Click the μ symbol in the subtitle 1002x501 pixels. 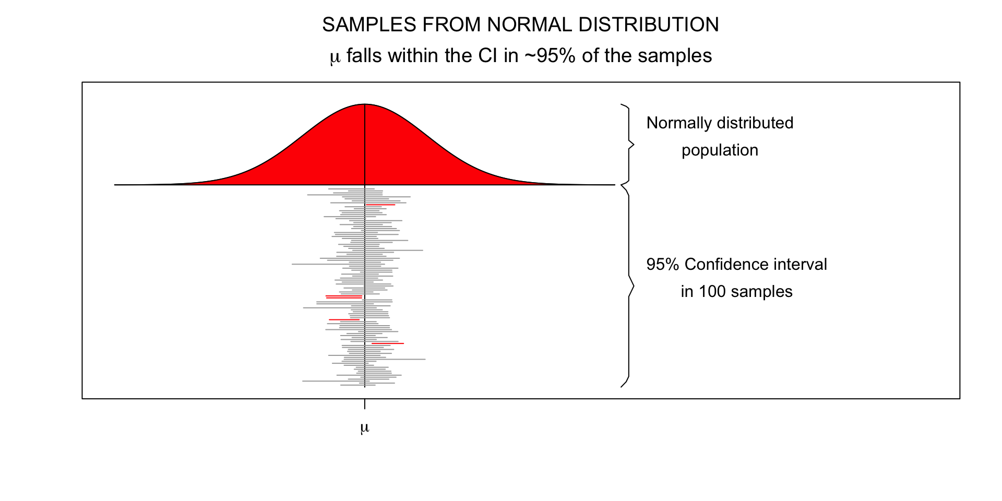(x=335, y=57)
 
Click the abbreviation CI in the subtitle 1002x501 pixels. (x=487, y=56)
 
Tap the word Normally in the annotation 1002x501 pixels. (x=679, y=123)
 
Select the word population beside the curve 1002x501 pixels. (x=720, y=150)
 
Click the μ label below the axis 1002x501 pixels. (x=365, y=428)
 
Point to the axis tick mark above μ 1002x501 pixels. (x=365, y=404)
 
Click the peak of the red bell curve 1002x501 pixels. (x=365, y=104)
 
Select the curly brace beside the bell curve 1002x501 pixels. (x=628, y=145)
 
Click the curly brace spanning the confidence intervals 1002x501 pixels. (x=629, y=286)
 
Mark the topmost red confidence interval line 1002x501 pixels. (x=380, y=205)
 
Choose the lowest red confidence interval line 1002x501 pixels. (x=388, y=343)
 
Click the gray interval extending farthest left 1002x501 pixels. (x=324, y=264)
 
